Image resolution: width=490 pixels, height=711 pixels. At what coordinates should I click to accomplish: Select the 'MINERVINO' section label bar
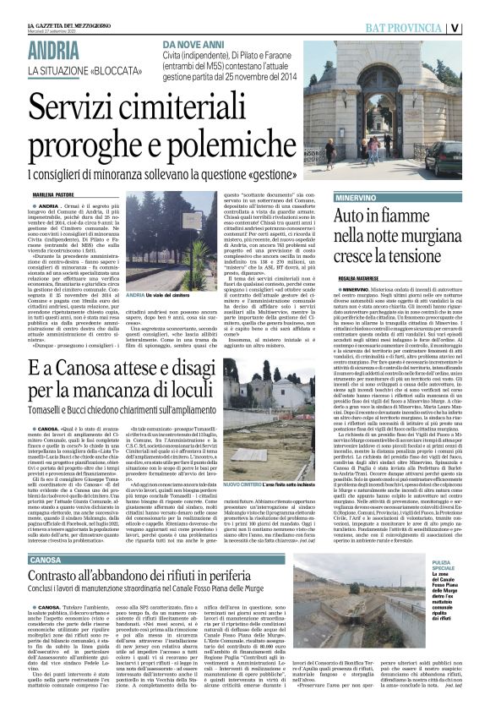398,196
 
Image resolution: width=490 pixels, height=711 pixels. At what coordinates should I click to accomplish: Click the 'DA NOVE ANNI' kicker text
197,42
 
